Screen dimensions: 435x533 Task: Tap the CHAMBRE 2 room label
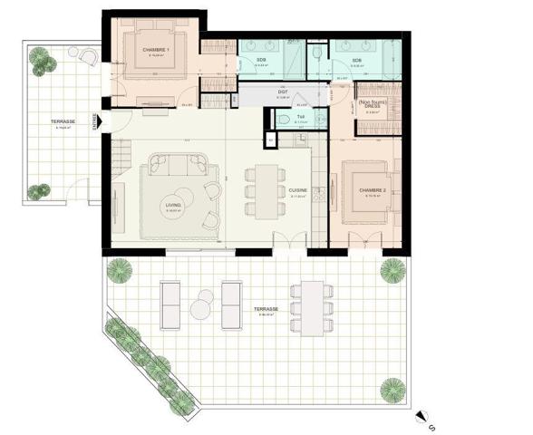373,190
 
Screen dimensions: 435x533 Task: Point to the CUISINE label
298,190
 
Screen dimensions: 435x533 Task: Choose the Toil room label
303,117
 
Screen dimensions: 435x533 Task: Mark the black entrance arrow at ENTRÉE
106,118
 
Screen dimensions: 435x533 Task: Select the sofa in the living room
185,165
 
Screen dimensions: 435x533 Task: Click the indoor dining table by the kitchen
265,190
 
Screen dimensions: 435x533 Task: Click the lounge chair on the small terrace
89,56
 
